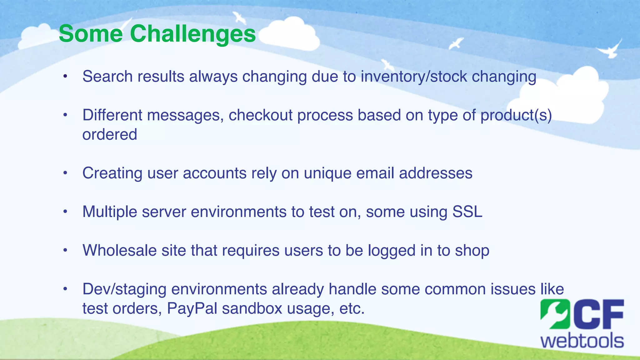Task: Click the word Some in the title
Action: [91, 34]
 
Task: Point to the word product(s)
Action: [516, 115]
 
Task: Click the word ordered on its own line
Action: [110, 135]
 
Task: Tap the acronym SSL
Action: [467, 212]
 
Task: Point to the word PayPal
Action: [192, 309]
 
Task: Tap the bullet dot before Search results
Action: [65, 77]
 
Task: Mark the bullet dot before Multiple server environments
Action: [65, 212]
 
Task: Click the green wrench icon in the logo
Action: [555, 314]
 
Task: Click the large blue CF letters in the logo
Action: [597, 314]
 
